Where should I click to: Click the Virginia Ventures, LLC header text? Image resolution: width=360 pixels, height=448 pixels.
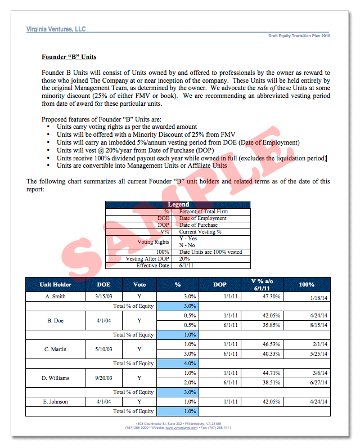(56, 29)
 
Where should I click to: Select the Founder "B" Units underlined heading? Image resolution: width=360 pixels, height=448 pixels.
(69, 57)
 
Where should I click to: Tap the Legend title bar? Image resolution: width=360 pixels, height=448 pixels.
(178, 204)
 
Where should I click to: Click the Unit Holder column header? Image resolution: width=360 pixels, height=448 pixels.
(56, 284)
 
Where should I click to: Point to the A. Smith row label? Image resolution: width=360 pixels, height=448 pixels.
(56, 296)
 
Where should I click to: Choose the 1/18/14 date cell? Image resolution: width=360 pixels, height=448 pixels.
(318, 298)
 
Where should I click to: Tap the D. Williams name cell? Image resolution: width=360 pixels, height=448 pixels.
(56, 378)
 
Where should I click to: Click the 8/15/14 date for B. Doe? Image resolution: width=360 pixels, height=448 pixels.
(318, 325)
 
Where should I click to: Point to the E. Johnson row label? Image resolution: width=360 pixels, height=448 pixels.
(56, 401)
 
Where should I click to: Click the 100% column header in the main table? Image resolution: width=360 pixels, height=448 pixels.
(307, 284)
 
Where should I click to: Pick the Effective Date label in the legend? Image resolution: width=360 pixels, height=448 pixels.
(153, 265)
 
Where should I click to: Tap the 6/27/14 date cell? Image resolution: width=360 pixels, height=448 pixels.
(318, 382)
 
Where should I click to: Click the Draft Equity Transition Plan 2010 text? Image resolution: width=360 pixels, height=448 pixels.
(299, 35)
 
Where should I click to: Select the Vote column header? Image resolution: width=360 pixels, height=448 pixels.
(139, 284)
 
